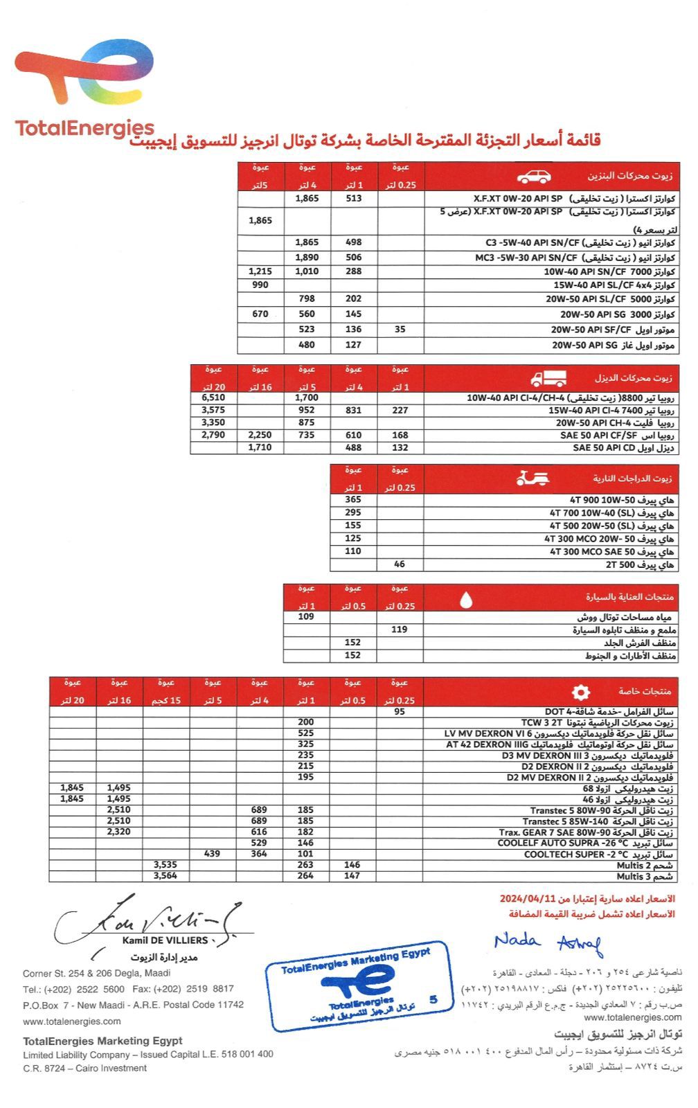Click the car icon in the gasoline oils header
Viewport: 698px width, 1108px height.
point(534,177)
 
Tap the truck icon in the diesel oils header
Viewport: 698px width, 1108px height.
point(548,379)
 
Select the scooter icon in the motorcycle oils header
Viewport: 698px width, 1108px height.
point(533,478)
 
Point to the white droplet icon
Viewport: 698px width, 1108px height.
point(466,599)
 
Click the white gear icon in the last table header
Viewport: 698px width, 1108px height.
point(580,692)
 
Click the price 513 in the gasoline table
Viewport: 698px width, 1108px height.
point(354,198)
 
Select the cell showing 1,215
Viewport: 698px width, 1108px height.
point(260,271)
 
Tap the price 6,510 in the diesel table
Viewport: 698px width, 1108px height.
point(213,397)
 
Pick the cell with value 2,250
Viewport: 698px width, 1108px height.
point(260,435)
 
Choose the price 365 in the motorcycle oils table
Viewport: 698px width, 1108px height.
point(353,499)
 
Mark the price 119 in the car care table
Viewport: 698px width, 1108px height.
point(400,629)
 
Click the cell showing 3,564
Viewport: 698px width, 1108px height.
point(165,875)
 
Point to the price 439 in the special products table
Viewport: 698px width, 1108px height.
point(212,854)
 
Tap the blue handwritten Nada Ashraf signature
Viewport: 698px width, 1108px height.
point(548,942)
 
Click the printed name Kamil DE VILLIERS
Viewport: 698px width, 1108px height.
point(165,940)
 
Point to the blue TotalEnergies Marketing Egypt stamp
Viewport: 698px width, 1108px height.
point(358,985)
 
